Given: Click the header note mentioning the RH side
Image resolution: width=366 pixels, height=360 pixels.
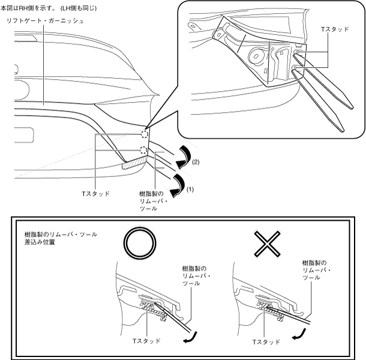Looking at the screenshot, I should (49, 8).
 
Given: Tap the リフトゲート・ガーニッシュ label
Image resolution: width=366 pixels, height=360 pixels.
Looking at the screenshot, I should (44, 21).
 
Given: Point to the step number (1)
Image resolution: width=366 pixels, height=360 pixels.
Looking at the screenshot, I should (191, 188).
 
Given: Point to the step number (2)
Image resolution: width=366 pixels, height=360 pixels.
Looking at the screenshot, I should (196, 161).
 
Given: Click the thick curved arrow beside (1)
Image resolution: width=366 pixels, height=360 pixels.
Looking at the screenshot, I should (178, 184).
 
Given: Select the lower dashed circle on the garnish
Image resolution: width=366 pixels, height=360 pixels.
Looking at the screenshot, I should (142, 150).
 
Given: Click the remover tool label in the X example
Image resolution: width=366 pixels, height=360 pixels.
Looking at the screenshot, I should (316, 271).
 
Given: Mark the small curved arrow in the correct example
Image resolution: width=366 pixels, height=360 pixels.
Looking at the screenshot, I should (190, 340).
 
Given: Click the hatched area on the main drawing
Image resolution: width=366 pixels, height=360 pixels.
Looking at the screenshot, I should (133, 163).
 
